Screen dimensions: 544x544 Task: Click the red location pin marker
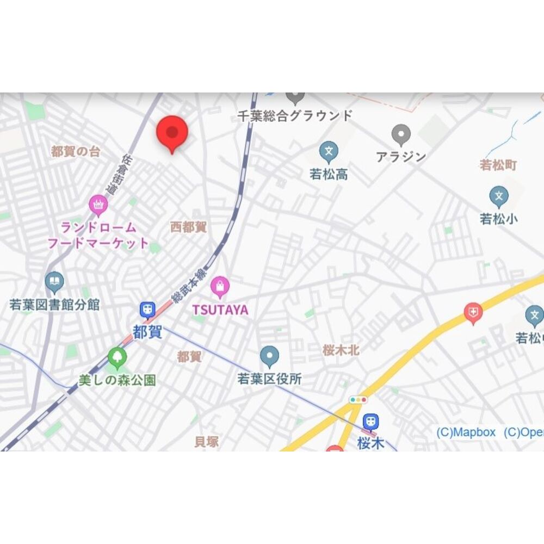pos(172,133)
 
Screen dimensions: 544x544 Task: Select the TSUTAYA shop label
pos(220,310)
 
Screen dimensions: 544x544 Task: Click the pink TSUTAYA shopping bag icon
pos(220,286)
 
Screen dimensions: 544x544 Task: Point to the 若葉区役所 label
pos(269,379)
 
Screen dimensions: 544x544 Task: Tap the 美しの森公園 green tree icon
pos(117,357)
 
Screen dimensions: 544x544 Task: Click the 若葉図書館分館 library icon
pos(54,282)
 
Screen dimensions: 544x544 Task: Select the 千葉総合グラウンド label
pos(295,115)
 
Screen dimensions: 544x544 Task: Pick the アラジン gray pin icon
pos(401,133)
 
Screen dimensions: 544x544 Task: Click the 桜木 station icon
pos(371,421)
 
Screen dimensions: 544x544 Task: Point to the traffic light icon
pos(358,400)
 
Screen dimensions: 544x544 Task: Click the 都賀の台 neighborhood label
pos(76,152)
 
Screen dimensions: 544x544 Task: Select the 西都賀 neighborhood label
pos(189,227)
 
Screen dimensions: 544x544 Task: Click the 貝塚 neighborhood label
pos(207,442)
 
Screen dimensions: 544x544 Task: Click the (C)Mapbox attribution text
pos(466,432)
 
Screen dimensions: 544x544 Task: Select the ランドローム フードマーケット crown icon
pos(98,205)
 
